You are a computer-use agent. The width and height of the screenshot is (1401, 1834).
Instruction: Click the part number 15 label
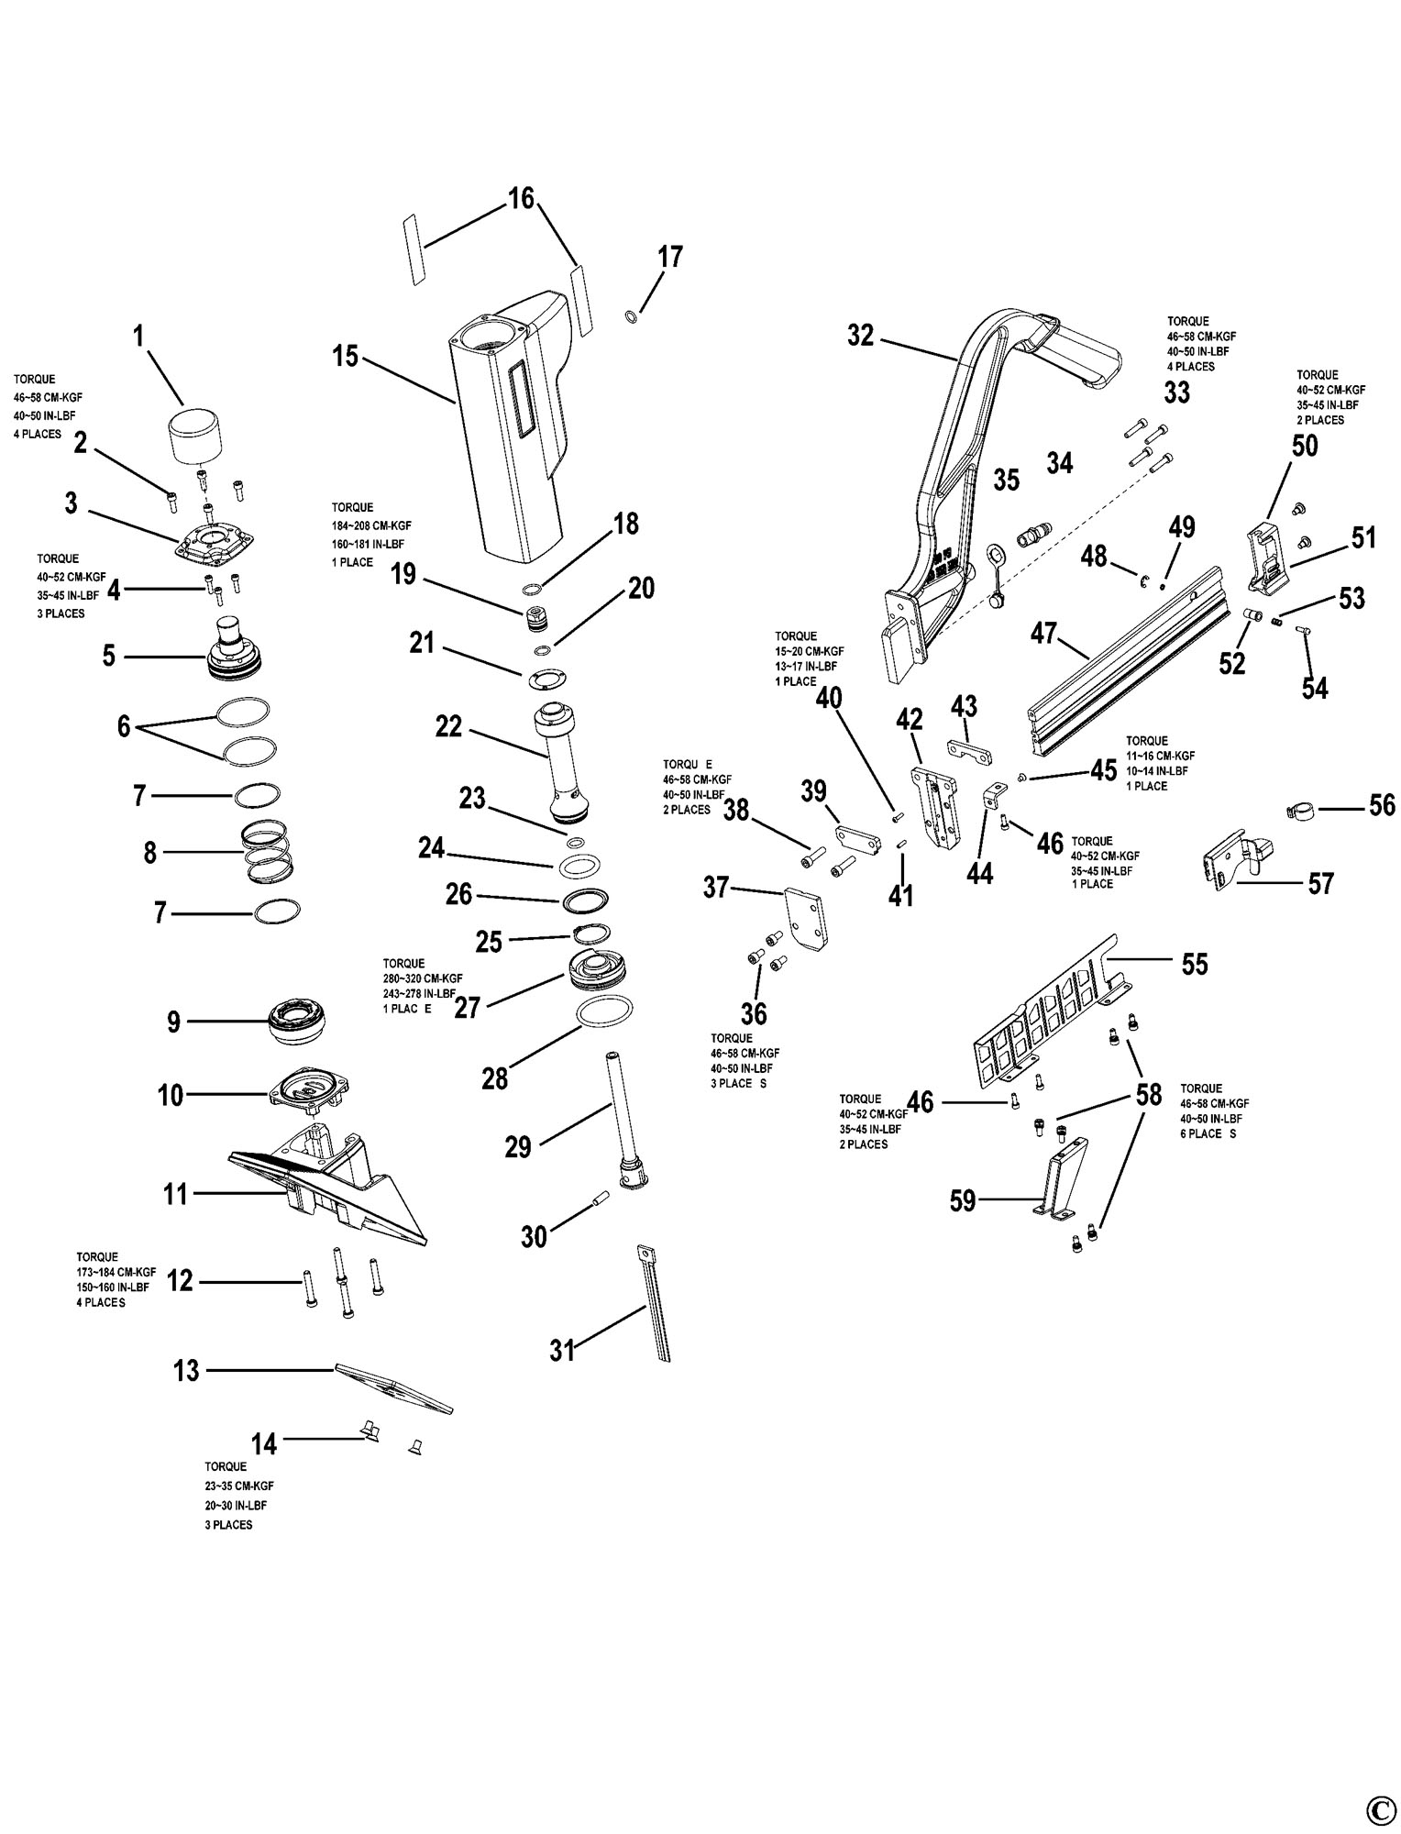tap(345, 356)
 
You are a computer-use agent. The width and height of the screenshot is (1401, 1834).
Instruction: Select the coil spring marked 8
tap(270, 850)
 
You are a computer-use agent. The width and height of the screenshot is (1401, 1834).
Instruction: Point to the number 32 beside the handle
tap(861, 336)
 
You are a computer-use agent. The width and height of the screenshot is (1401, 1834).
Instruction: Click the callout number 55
tap(1195, 964)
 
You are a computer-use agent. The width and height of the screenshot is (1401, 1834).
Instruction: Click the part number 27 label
tap(468, 1007)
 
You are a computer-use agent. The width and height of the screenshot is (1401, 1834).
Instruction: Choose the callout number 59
tap(963, 1200)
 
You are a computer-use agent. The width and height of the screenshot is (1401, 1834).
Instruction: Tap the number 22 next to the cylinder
tap(448, 726)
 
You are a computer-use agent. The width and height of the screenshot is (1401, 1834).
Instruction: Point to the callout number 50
tap(1305, 446)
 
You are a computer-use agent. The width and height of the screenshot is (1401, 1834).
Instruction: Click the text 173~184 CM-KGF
tap(116, 1272)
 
